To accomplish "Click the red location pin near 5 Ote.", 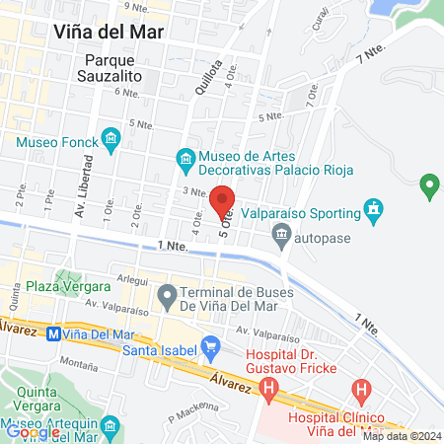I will pyautogui.click(x=224, y=200).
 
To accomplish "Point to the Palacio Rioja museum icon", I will pyautogui.click(x=184, y=157).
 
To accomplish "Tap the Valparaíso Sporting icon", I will pyautogui.click(x=373, y=210).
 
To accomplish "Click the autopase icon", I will pyautogui.click(x=281, y=236).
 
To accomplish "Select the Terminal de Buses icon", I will pyautogui.click(x=168, y=294).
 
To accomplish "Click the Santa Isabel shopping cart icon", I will pyautogui.click(x=209, y=344).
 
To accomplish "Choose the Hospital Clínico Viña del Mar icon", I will pyautogui.click(x=363, y=392).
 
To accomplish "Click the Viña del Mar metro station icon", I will pyautogui.click(x=52, y=333).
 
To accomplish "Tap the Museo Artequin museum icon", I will pyautogui.click(x=110, y=427).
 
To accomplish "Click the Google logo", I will pyautogui.click(x=33, y=431).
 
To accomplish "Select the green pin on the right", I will pyautogui.click(x=428, y=184).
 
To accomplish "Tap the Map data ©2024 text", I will pyautogui.click(x=401, y=436).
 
